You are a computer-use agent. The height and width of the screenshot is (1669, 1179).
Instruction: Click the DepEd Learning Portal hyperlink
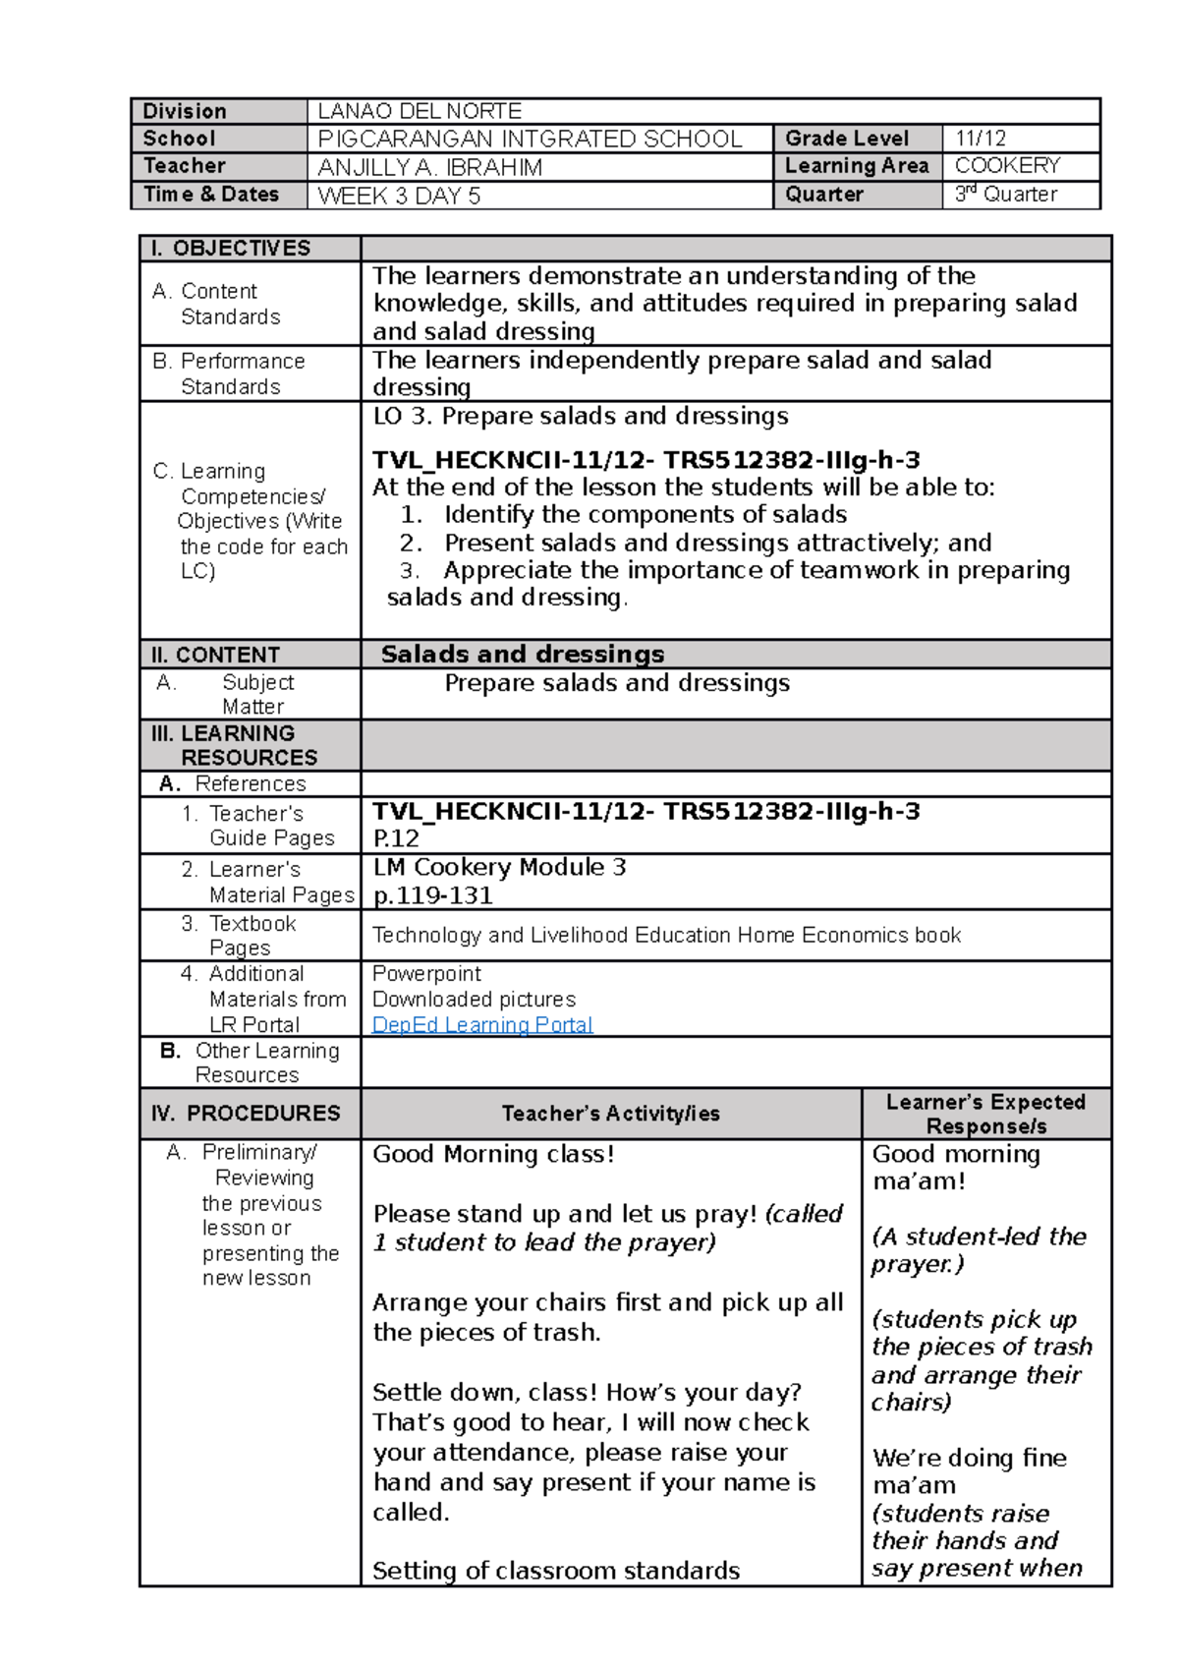[x=481, y=1024]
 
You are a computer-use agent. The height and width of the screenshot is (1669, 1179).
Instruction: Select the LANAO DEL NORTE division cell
[x=420, y=111]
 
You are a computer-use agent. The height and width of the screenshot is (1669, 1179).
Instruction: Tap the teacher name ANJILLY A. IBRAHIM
[x=429, y=167]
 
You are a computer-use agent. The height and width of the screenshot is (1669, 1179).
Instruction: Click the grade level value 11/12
[x=980, y=139]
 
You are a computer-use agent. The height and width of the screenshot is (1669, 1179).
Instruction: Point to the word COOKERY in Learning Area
[x=1007, y=165]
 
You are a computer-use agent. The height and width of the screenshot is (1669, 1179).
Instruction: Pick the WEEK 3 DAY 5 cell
[x=399, y=196]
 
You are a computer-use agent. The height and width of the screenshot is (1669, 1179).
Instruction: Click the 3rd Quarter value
[x=1006, y=195]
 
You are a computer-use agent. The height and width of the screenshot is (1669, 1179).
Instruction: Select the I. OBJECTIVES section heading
[x=230, y=248]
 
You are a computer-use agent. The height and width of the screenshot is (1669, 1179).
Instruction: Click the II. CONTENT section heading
[x=215, y=655]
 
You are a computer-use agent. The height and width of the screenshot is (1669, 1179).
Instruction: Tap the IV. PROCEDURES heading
[x=246, y=1113]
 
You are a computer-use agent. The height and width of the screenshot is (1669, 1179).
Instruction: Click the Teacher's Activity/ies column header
[x=610, y=1113]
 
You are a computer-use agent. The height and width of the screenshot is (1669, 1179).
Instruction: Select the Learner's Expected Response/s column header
[x=985, y=1114]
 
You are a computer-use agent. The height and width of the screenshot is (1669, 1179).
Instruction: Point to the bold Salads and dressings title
[x=522, y=654]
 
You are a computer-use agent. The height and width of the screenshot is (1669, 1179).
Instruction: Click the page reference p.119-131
[x=432, y=895]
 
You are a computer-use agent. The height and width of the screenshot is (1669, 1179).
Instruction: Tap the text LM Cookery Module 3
[x=499, y=867]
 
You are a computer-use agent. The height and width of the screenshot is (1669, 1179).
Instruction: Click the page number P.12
[x=395, y=838]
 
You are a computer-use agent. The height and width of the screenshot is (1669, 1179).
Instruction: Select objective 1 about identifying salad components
[x=645, y=514]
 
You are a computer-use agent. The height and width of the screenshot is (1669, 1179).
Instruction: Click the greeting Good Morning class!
[x=493, y=1153]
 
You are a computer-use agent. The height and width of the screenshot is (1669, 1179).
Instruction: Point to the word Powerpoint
[x=426, y=973]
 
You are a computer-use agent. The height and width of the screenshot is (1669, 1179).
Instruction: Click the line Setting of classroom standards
[x=555, y=1570]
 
